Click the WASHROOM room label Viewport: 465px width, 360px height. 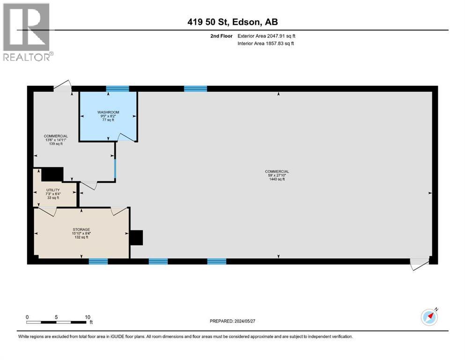(x=108, y=112)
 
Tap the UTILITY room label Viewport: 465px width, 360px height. (x=53, y=190)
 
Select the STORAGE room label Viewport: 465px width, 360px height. (x=81, y=229)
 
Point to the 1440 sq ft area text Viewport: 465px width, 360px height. (x=277, y=179)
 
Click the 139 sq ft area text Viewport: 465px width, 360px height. (x=56, y=143)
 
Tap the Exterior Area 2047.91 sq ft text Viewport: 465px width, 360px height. (x=266, y=36)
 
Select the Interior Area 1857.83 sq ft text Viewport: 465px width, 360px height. (x=266, y=43)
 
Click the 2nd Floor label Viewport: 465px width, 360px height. (x=221, y=36)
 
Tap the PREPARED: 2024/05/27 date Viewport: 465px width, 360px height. (x=232, y=321)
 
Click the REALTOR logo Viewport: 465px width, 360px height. (x=27, y=32)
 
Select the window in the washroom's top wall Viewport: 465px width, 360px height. (x=118, y=89)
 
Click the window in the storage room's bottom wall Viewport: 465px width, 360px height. (x=98, y=261)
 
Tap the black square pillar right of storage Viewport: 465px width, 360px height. (x=137, y=238)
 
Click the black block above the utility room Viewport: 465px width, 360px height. (x=52, y=174)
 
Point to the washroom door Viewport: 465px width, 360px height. (x=127, y=137)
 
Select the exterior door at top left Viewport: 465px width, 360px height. (x=63, y=86)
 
